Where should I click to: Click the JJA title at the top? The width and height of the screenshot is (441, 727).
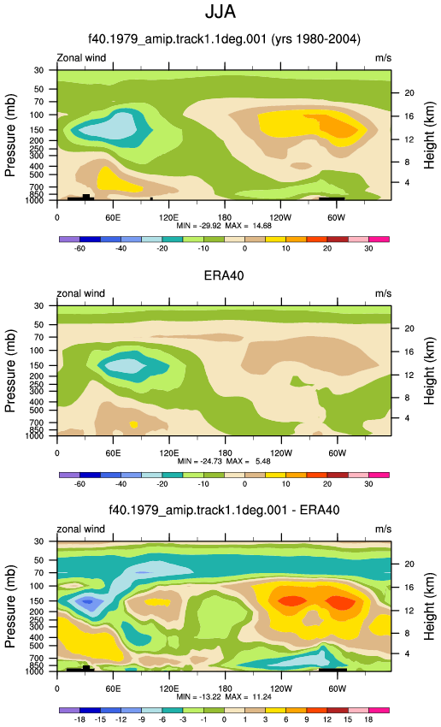[x=220, y=12]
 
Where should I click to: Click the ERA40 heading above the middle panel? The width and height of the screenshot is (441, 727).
[x=224, y=275]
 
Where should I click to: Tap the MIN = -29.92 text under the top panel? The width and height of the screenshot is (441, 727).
[x=199, y=226]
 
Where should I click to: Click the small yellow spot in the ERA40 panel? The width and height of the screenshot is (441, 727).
[x=134, y=424]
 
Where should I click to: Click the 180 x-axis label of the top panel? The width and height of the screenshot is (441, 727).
[x=225, y=218]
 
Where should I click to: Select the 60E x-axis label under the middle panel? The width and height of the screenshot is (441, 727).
[x=113, y=453]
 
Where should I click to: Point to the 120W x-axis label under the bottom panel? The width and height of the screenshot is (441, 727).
[x=280, y=689]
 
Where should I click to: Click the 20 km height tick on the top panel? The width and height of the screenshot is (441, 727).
[x=409, y=93]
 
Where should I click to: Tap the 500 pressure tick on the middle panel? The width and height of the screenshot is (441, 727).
[x=38, y=411]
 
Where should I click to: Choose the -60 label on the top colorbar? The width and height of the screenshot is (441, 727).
[x=79, y=249]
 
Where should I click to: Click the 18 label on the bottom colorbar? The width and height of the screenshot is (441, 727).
[x=368, y=719]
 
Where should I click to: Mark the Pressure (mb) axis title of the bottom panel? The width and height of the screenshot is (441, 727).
[x=10, y=606]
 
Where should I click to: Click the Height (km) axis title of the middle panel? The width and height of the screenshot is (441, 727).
[x=429, y=370]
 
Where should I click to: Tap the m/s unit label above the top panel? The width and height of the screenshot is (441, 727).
[x=383, y=58]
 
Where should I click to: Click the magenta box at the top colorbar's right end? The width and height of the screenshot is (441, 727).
[x=379, y=239]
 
